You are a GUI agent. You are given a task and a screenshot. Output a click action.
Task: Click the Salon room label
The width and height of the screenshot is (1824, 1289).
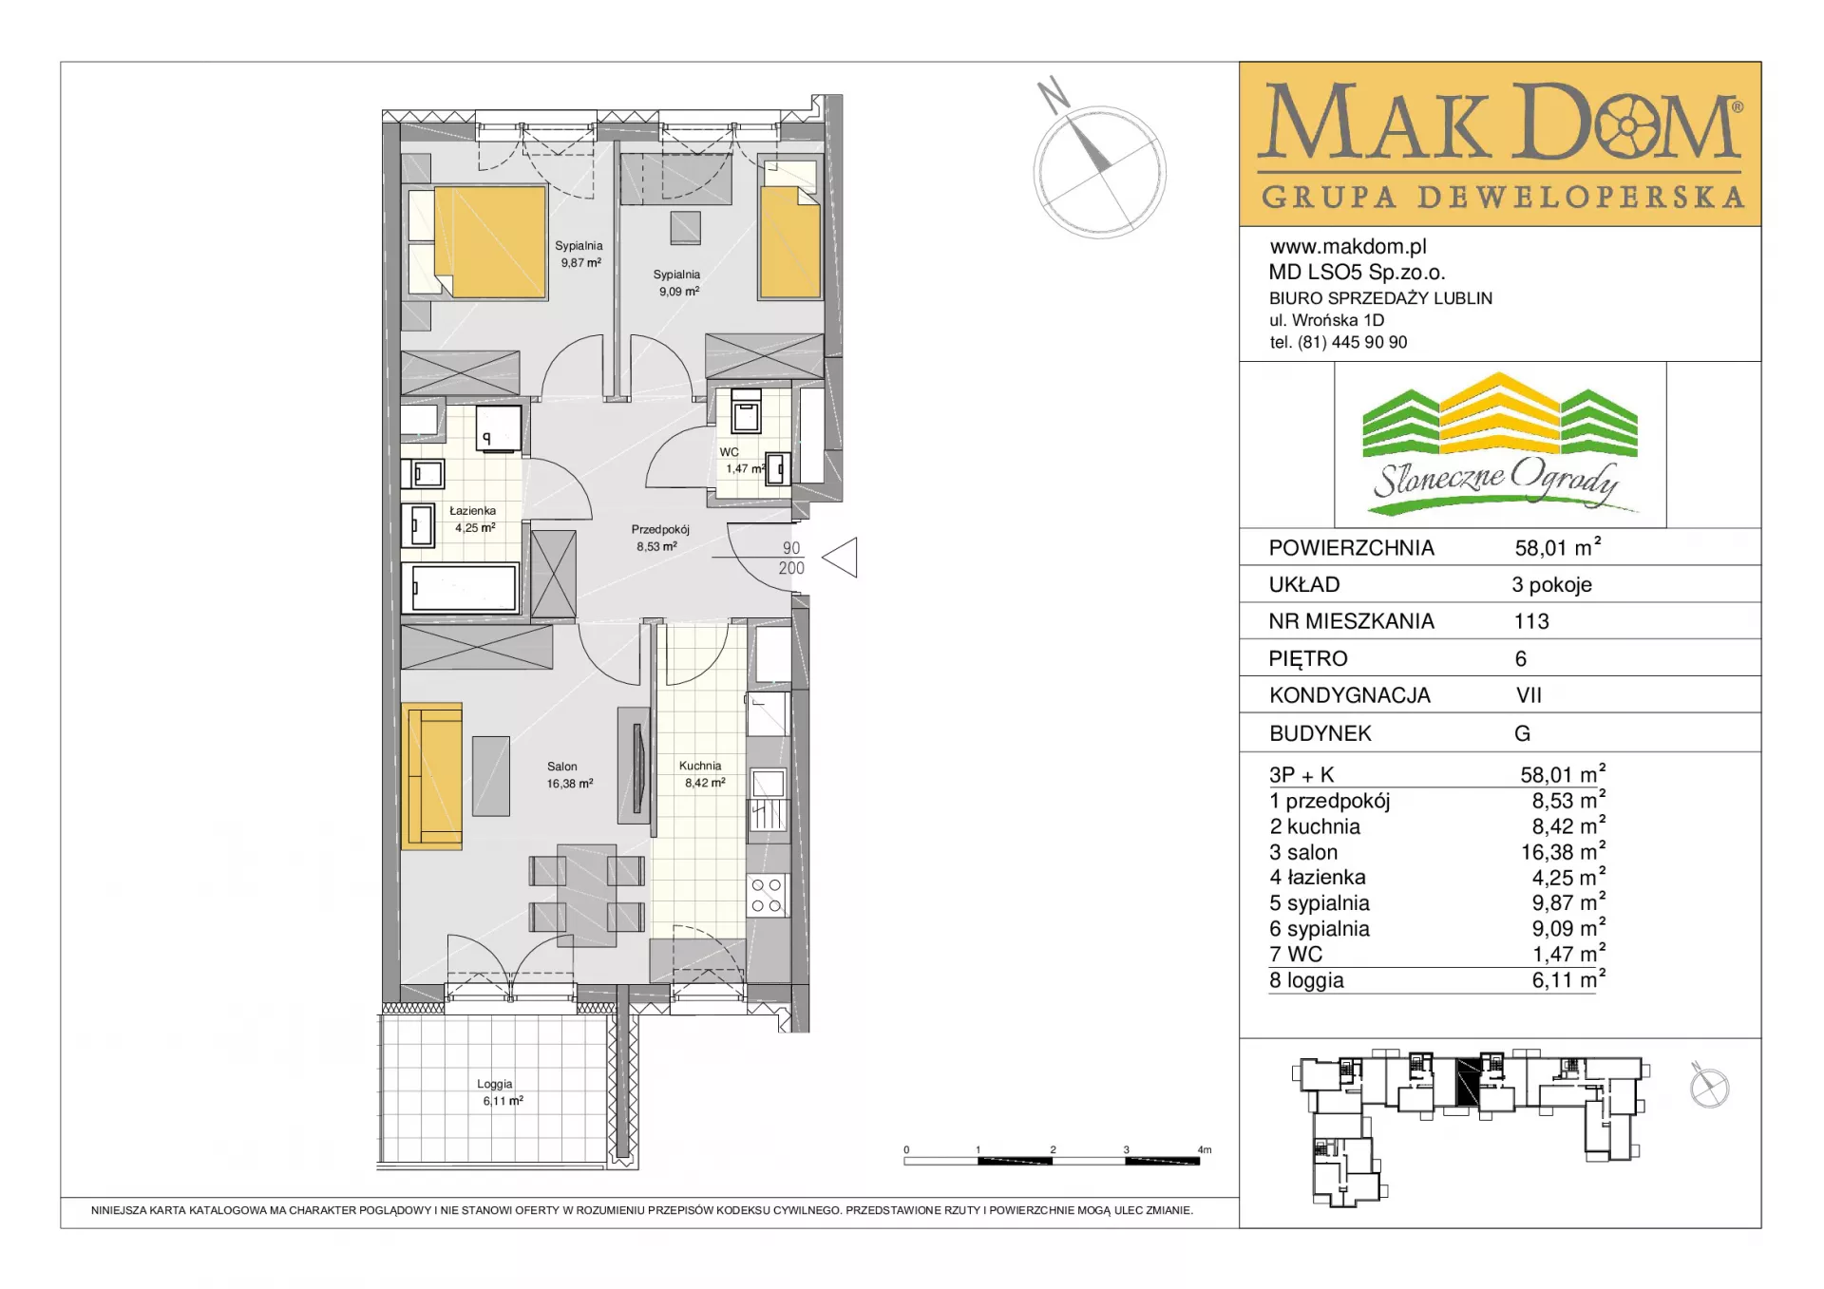[x=561, y=767]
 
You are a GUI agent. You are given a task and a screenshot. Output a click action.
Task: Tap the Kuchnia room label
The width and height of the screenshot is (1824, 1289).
[x=700, y=766]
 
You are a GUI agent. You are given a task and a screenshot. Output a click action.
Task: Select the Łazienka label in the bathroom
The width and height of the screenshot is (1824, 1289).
[x=472, y=511]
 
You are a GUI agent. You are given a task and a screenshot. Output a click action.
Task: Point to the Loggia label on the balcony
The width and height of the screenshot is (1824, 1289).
[x=494, y=1084]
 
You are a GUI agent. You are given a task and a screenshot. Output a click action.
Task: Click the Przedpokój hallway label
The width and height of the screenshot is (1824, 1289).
[x=660, y=530]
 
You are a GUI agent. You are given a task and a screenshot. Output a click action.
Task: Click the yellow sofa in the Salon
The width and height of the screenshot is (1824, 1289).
[x=431, y=775]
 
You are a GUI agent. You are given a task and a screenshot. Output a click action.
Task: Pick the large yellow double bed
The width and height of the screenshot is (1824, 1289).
[x=490, y=242]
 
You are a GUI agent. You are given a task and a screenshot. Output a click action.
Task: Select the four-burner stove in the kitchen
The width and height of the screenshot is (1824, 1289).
[x=767, y=895]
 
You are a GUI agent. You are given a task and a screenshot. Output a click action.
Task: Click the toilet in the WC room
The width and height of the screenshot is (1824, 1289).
[x=746, y=410]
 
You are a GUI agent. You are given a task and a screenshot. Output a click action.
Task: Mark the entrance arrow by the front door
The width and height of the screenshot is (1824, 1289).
[x=840, y=558]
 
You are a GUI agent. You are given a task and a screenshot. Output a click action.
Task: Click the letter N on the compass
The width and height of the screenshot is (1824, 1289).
[x=1053, y=94]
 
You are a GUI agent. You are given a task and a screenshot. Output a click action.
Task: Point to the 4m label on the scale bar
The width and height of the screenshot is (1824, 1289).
[x=1205, y=1149]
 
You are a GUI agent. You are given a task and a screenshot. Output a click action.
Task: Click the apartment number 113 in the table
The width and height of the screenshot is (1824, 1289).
[x=1531, y=621]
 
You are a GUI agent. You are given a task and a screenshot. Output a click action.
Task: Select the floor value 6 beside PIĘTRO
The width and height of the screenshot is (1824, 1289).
[x=1521, y=658]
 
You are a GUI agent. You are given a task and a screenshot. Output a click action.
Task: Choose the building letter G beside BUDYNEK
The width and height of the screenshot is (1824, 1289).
[x=1523, y=733]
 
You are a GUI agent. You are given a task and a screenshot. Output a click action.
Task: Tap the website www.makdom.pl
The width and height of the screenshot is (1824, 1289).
[x=1348, y=247]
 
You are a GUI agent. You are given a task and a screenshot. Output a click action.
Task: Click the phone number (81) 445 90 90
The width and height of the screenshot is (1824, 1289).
[x=1352, y=342]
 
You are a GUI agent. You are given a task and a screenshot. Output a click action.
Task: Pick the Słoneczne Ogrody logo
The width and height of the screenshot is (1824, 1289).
[x=1500, y=445]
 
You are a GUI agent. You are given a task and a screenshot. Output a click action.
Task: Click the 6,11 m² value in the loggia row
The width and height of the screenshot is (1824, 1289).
[x=1567, y=979]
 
